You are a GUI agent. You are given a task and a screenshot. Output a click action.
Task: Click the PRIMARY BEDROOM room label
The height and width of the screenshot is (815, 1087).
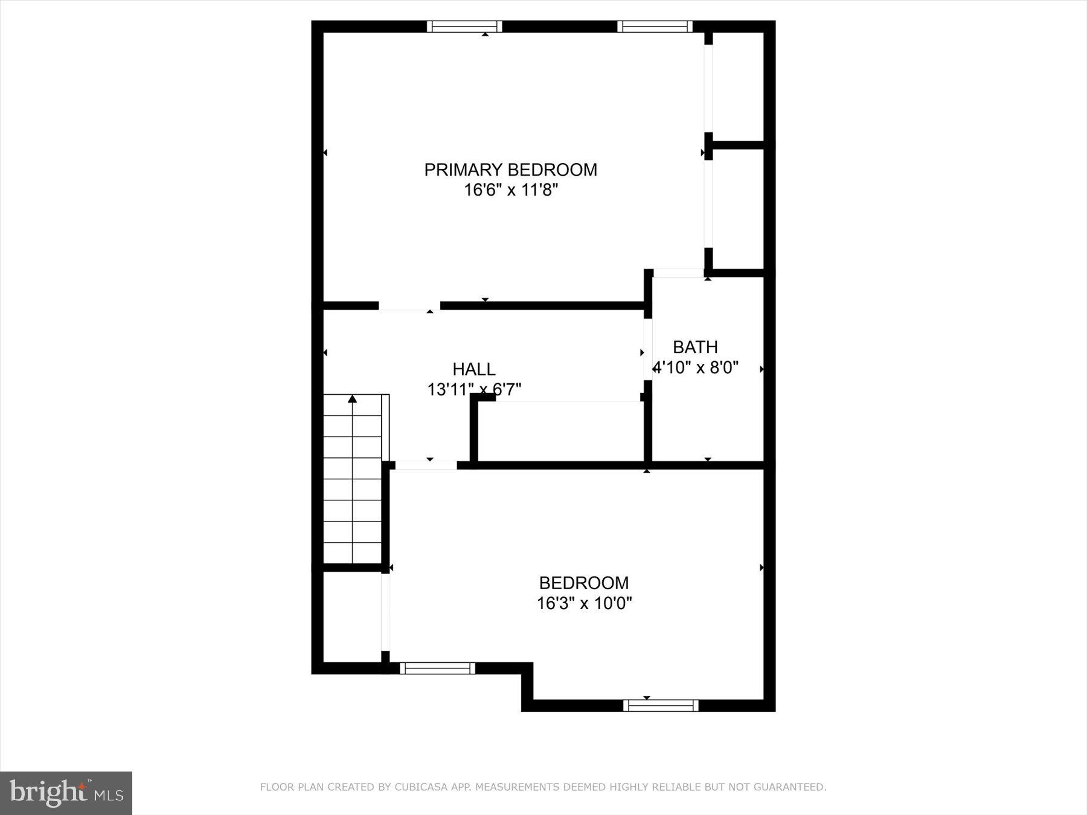click(x=510, y=170)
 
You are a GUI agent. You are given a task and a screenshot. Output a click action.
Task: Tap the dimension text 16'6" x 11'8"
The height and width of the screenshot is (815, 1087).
click(x=510, y=190)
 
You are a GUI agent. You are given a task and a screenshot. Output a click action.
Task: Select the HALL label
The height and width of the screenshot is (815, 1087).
click(x=474, y=369)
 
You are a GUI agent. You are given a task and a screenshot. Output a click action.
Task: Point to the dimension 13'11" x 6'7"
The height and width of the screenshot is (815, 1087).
click(x=474, y=389)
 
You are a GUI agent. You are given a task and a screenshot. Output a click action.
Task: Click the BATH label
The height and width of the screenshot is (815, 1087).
click(x=695, y=347)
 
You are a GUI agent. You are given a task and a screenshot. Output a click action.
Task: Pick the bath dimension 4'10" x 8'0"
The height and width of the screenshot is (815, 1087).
click(x=696, y=368)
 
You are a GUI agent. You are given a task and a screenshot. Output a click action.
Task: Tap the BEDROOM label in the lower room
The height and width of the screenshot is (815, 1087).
click(x=583, y=583)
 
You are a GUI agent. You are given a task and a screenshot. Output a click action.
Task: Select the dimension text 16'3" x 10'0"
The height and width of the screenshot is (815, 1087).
click(x=584, y=603)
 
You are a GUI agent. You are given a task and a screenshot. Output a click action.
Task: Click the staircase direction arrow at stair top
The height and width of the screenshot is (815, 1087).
click(x=353, y=399)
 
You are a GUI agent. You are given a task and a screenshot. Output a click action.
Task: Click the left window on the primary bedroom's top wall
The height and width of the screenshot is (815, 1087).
click(x=464, y=26)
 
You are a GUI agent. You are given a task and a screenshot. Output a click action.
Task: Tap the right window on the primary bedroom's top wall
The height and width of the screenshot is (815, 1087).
click(x=655, y=26)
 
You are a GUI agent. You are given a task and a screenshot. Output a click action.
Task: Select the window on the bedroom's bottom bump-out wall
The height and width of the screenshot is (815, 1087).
click(x=661, y=705)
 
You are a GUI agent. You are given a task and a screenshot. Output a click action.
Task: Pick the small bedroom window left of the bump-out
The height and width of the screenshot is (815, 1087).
click(x=437, y=668)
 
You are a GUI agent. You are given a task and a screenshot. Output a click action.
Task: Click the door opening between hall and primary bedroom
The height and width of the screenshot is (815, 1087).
click(x=409, y=307)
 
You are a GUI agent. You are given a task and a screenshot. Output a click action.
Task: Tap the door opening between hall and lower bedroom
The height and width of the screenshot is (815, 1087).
click(x=426, y=465)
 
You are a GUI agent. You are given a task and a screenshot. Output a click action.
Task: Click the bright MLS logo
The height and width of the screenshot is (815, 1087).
click(x=66, y=793)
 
